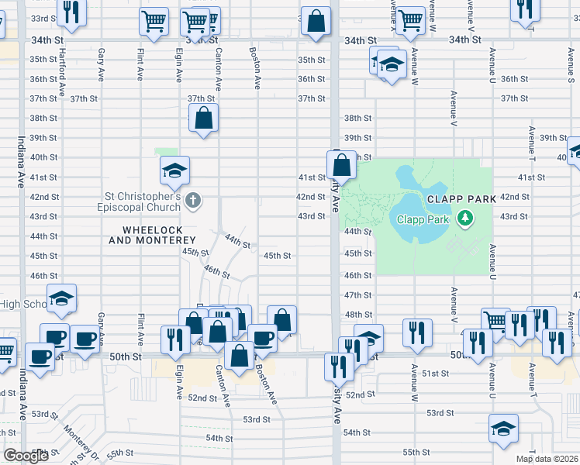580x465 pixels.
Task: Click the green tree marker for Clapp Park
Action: pos(465,219)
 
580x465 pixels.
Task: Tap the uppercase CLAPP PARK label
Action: pos(461,199)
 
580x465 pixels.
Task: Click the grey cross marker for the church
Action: pos(194,201)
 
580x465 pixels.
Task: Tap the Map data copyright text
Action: pos(547,459)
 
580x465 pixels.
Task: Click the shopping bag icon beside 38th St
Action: pos(204,119)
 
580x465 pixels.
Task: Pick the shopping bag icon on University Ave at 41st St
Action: pos(341,164)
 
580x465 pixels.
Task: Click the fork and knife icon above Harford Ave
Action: pos(71,12)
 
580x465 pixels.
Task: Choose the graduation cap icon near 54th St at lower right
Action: pos(503,428)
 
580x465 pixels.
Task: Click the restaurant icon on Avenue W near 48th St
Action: pos(417,332)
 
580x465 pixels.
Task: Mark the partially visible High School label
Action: pos(23,304)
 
